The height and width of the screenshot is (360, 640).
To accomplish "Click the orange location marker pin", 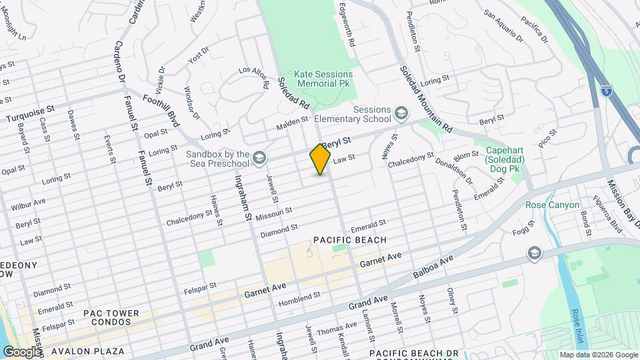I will click(320, 159).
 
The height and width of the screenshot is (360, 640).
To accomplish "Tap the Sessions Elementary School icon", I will click(401, 112).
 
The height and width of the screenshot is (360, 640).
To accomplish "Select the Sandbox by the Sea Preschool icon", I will click(259, 158).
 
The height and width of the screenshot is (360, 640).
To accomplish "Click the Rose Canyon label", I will click(552, 205).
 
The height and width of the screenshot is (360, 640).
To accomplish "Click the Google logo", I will click(21, 351).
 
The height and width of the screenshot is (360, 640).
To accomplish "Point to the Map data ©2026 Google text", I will click(598, 355).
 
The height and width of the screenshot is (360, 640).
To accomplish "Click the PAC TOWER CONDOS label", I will click(111, 319).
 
